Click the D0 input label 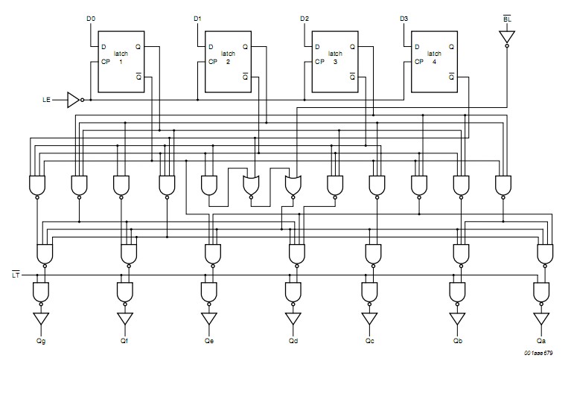click(91, 18)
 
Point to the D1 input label click(197, 18)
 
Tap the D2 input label click(304, 18)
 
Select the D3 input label click(404, 18)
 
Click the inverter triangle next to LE click(73, 99)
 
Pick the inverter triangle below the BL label click(507, 36)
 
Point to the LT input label click(16, 275)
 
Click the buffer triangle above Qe click(209, 319)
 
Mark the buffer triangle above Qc click(369, 319)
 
